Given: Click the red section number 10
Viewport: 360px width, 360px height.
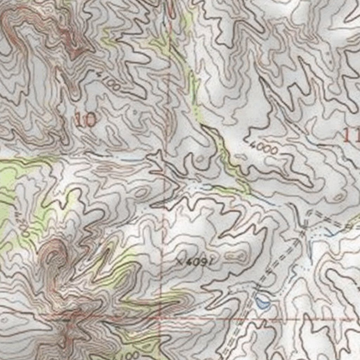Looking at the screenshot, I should pos(85,121).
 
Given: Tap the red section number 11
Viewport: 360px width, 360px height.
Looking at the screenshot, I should pos(352,136).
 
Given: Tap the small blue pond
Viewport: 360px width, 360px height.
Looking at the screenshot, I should pos(263,303).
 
